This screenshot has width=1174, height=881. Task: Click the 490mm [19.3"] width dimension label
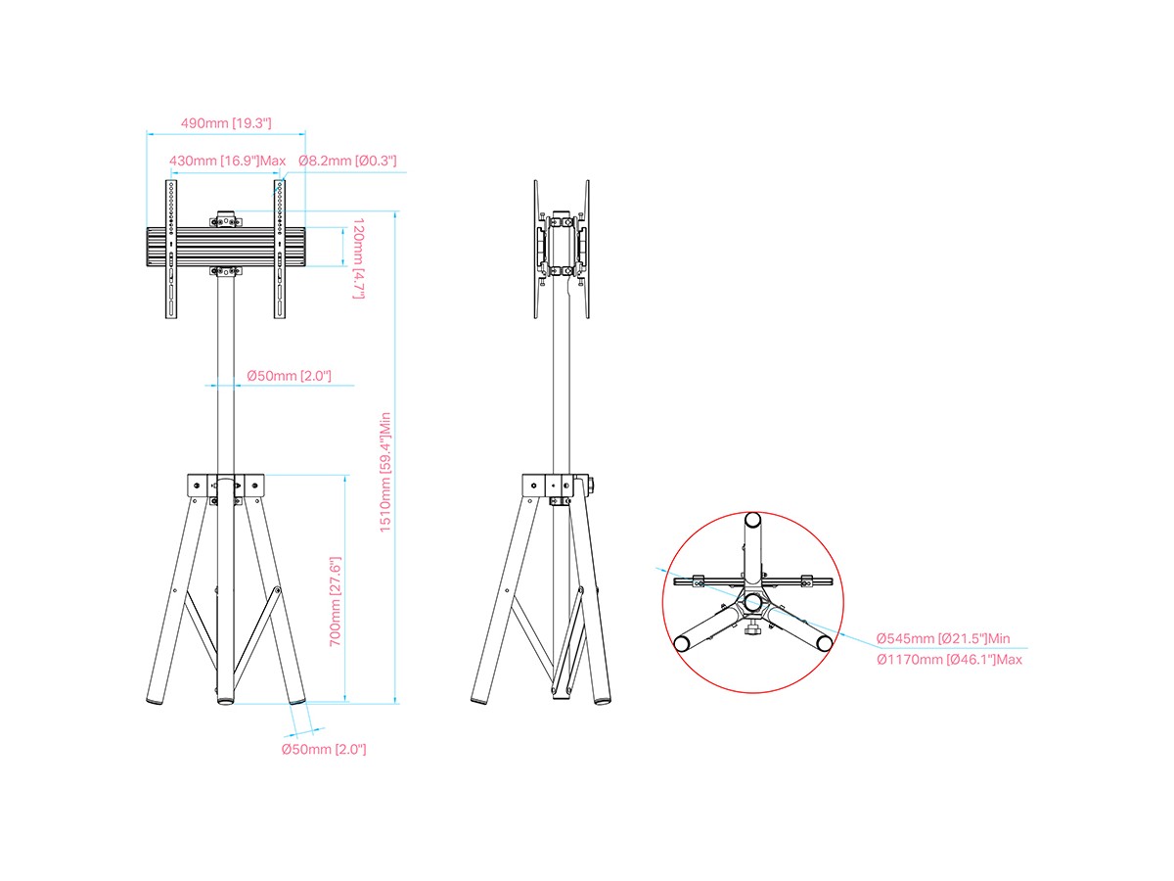(226, 123)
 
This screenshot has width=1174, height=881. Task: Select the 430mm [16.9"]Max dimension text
(227, 161)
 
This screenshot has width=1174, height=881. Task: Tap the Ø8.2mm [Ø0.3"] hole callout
(347, 161)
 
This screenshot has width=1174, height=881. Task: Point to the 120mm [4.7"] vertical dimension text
(358, 258)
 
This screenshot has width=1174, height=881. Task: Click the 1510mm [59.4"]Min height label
(385, 473)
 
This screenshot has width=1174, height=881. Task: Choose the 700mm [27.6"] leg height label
(335, 602)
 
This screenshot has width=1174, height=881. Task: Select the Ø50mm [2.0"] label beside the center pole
(289, 376)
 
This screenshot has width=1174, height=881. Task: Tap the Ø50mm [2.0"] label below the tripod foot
(324, 750)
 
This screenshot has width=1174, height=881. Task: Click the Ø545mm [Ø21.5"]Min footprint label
(943, 638)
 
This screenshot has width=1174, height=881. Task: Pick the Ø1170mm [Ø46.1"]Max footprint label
(949, 660)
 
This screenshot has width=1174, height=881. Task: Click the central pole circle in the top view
(752, 602)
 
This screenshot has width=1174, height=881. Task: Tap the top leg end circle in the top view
(752, 520)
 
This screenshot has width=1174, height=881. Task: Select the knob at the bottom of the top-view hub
(752, 629)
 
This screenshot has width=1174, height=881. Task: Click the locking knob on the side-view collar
(591, 486)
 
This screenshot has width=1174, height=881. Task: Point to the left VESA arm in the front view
(171, 250)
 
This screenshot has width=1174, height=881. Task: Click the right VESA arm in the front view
(279, 250)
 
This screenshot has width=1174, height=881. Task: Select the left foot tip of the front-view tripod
(153, 701)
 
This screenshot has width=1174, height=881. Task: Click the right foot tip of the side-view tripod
(603, 701)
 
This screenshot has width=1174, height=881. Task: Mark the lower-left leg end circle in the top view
(681, 644)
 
